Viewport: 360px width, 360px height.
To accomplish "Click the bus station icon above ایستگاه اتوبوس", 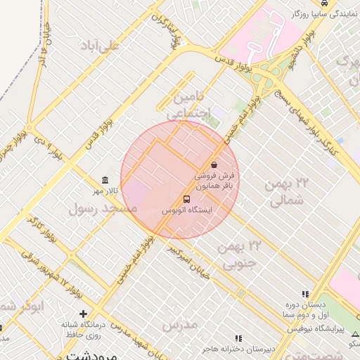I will [x=186, y=199].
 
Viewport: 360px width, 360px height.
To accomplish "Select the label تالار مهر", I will [x=109, y=191].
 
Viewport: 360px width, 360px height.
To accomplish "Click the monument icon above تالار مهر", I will [x=105, y=179].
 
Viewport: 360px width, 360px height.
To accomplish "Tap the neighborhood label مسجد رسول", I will [x=103, y=209].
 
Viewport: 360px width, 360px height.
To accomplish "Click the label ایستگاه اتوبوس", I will [x=186, y=210].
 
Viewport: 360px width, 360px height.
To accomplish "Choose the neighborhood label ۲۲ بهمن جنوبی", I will [x=240, y=255].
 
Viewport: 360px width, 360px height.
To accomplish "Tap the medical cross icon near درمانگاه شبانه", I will [x=84, y=314].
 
